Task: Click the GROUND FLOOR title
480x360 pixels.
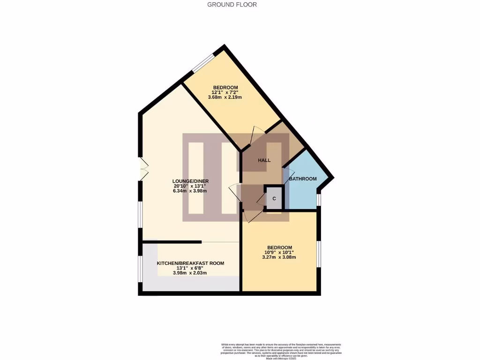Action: pyautogui.click(x=232, y=5)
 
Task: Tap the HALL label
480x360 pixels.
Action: pyautogui.click(x=264, y=160)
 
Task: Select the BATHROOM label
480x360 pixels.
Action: pyautogui.click(x=302, y=179)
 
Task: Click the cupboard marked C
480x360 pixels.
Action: pyautogui.click(x=275, y=199)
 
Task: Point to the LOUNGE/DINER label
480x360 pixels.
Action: pyautogui.click(x=190, y=181)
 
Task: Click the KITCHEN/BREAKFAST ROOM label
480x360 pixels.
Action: pyautogui.click(x=190, y=263)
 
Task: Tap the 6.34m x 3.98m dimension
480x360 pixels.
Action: pyautogui.click(x=190, y=191)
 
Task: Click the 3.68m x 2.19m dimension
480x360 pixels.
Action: pyautogui.click(x=225, y=97)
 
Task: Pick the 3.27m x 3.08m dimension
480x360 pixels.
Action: pyautogui.click(x=279, y=257)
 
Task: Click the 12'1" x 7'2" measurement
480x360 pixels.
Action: pyautogui.click(x=225, y=92)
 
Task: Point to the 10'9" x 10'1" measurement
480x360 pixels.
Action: pyautogui.click(x=279, y=252)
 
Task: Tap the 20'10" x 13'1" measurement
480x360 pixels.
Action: pyautogui.click(x=190, y=186)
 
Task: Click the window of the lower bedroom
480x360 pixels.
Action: pyautogui.click(x=319, y=254)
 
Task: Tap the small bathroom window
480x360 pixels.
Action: pyautogui.click(x=319, y=200)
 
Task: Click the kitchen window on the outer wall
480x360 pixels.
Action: pyautogui.click(x=140, y=270)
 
